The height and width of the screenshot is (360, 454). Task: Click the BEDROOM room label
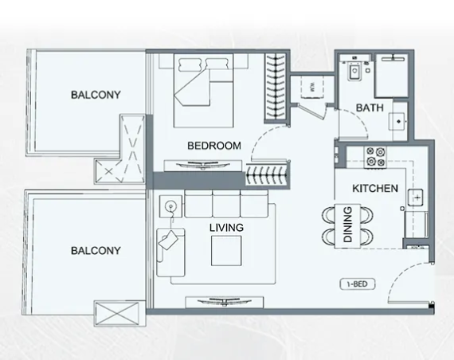[214, 146]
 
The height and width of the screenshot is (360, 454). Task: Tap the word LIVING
[226, 227]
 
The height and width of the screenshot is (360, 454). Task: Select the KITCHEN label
[375, 189]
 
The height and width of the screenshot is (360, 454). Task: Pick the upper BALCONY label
[96, 94]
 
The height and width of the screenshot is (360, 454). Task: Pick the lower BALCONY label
[96, 250]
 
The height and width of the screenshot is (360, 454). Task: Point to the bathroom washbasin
[396, 123]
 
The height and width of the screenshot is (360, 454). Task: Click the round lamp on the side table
[170, 206]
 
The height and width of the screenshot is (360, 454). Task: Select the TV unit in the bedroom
[202, 165]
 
